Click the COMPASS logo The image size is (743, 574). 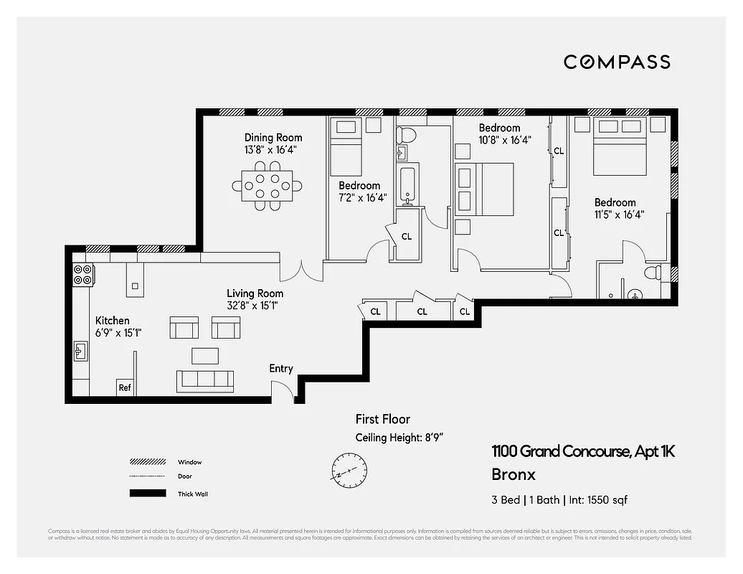617,62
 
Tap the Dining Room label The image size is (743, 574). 273,138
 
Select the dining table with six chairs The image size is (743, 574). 267,185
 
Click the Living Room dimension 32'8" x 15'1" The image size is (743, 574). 252,306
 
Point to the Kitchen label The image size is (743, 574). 113,321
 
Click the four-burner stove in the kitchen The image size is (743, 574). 83,275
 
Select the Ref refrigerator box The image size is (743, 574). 125,387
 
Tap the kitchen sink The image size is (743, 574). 81,351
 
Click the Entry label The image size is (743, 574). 281,368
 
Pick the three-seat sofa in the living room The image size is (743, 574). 206,380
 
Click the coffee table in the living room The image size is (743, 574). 205,355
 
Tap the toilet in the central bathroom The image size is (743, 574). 407,133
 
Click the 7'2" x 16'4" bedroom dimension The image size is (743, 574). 362,198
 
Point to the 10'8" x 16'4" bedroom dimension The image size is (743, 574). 505,141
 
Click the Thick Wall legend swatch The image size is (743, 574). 148,494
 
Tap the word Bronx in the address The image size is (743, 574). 513,474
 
